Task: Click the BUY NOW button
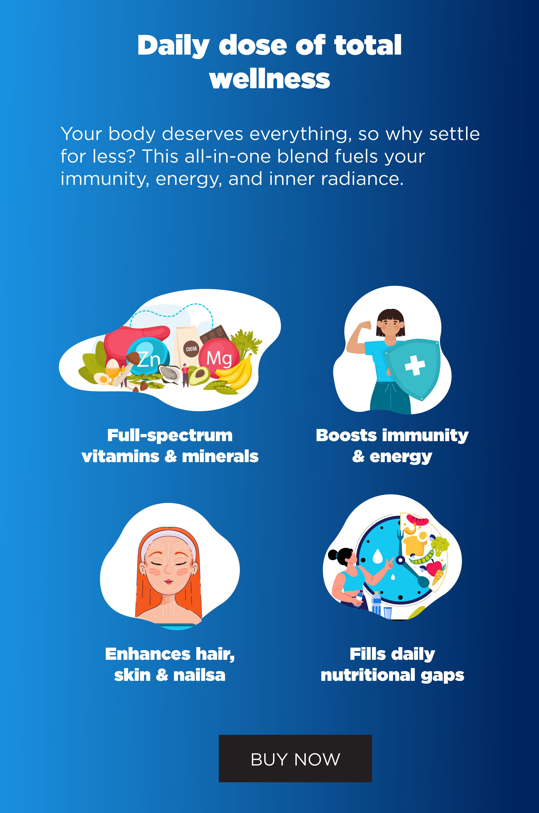[x=295, y=758]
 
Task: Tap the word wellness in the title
[x=269, y=79]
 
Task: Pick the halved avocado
[x=199, y=375]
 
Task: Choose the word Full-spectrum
[x=170, y=436]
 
